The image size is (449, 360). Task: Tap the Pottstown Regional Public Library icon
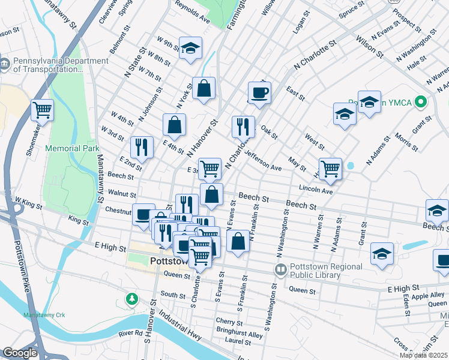(x=280, y=270)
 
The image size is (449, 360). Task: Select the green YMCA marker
(x=421, y=103)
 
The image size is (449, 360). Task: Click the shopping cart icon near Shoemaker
(x=42, y=110)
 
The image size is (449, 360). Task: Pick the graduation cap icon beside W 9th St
(x=190, y=48)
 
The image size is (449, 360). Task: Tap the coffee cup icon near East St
(x=259, y=92)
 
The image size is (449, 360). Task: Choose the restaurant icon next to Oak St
(x=243, y=125)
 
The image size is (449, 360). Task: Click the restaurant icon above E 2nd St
(x=142, y=146)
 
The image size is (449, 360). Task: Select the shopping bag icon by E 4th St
(x=174, y=125)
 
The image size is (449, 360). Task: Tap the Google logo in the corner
(x=20, y=353)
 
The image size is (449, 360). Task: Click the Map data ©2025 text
(x=423, y=355)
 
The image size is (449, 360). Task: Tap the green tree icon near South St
(x=131, y=298)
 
